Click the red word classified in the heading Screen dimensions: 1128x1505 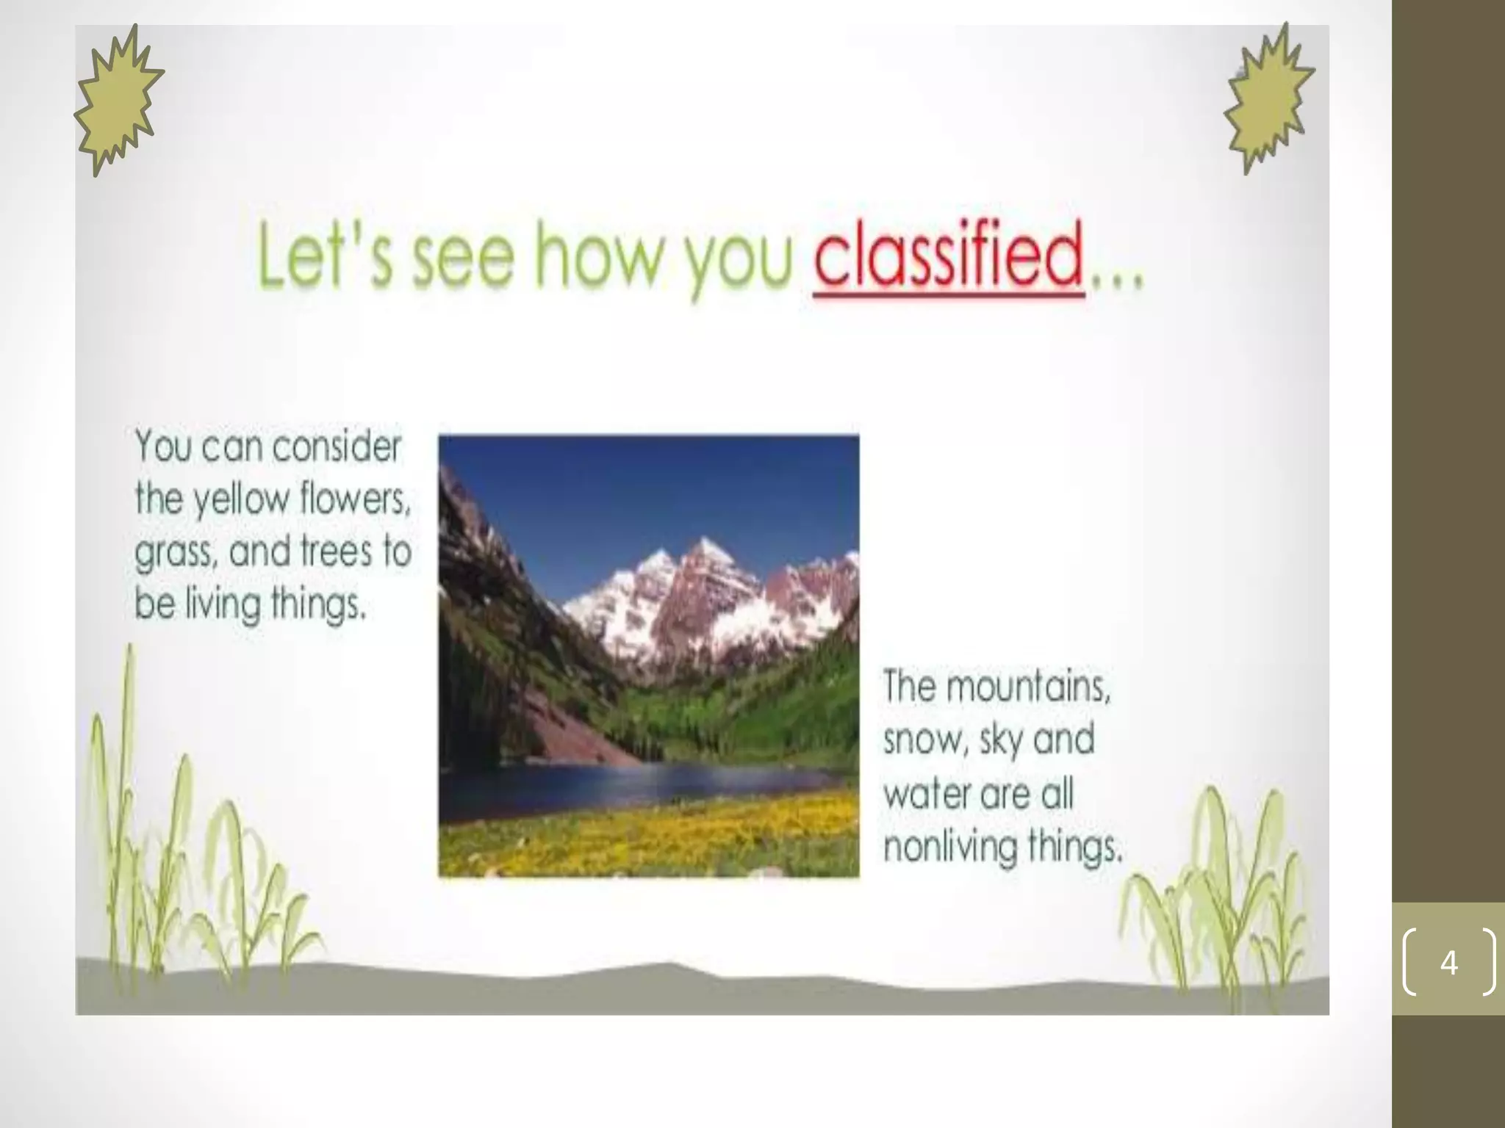click(x=948, y=258)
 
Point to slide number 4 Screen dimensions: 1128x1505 click(x=1448, y=962)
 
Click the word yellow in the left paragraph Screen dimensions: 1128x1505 click(x=242, y=500)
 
